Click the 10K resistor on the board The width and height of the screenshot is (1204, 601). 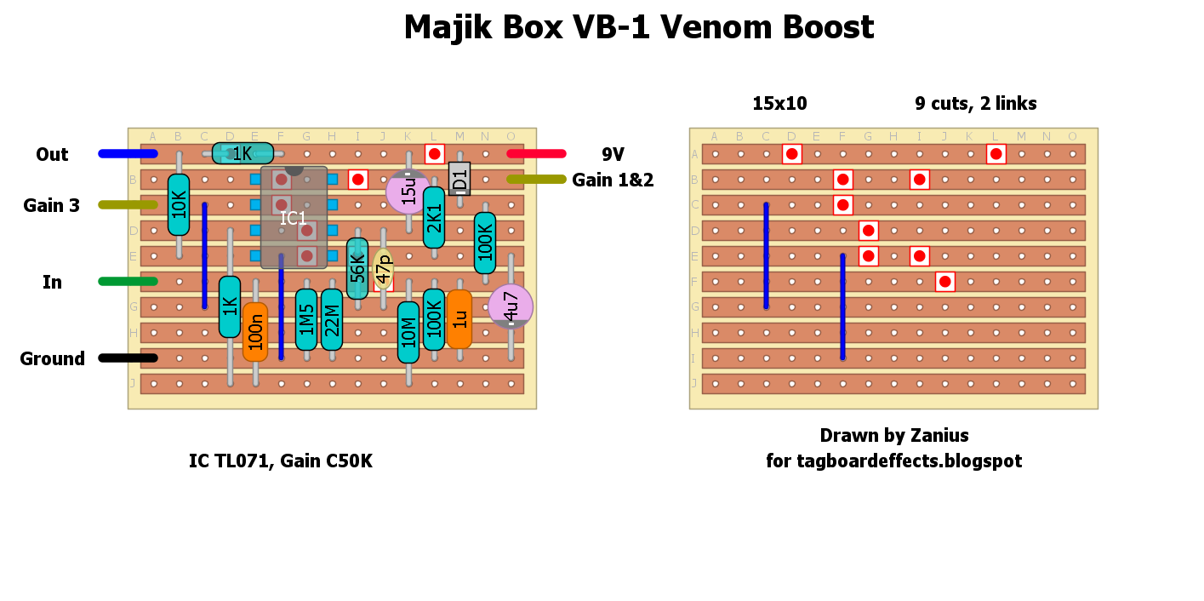pyautogui.click(x=179, y=204)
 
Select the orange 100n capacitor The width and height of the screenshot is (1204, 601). pyautogui.click(x=255, y=332)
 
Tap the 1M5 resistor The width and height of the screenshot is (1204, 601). pyautogui.click(x=306, y=319)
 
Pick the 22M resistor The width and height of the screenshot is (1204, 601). pyautogui.click(x=332, y=319)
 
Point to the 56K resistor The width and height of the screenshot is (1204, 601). pyautogui.click(x=357, y=268)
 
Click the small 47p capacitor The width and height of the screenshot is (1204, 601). pyautogui.click(x=384, y=269)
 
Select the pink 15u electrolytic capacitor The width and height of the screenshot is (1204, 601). pyautogui.click(x=408, y=191)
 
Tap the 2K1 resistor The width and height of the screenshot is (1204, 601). pyautogui.click(x=434, y=217)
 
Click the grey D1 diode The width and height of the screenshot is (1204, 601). pyautogui.click(x=459, y=179)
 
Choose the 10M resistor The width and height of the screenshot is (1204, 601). pyautogui.click(x=408, y=332)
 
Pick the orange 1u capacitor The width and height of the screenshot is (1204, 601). pyautogui.click(x=459, y=319)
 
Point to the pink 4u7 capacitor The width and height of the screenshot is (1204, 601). pyautogui.click(x=511, y=306)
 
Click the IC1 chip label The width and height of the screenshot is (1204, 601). pyautogui.click(x=294, y=218)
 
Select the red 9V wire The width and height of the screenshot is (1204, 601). pyautogui.click(x=536, y=154)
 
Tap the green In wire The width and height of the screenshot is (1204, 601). pyautogui.click(x=128, y=281)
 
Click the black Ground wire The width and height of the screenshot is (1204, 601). pyautogui.click(x=128, y=358)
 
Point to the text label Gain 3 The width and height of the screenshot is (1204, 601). pyautogui.click(x=51, y=205)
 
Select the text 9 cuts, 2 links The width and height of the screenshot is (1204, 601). pyautogui.click(x=975, y=104)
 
